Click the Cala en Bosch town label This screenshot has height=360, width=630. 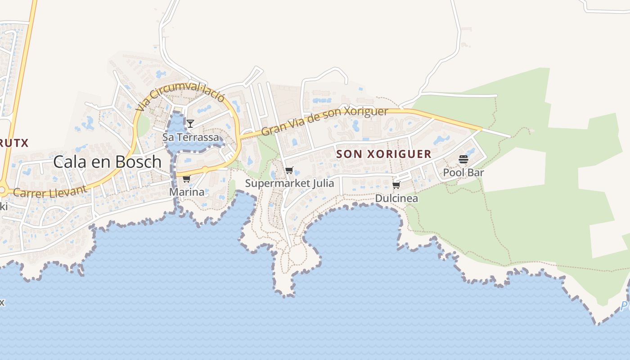click(107, 162)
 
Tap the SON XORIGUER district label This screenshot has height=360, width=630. click(384, 154)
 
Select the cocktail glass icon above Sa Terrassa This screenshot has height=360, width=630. click(190, 123)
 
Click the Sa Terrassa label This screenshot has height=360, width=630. click(191, 137)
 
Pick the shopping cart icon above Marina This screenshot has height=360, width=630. click(186, 179)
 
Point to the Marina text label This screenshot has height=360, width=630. click(186, 192)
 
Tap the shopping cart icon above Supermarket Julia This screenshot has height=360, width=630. click(289, 171)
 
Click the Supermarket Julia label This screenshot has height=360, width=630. click(289, 183)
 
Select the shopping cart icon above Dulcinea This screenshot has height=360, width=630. click(396, 185)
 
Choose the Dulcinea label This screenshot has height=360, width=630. click(396, 198)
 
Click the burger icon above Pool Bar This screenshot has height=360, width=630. click(463, 159)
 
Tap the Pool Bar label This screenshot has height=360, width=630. click(463, 172)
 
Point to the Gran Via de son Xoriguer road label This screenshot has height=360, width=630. click(324, 121)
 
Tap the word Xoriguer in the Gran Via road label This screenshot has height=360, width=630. click(365, 112)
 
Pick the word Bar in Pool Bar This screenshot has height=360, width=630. click(476, 172)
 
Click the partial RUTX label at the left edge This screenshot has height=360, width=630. click(14, 143)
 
